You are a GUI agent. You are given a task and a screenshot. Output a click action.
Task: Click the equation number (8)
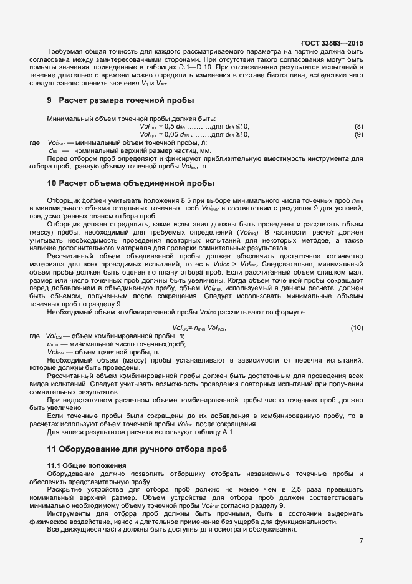[358, 127]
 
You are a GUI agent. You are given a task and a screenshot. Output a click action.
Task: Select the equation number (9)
[358, 134]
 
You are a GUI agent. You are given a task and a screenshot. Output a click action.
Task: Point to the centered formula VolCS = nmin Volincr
[198, 328]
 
